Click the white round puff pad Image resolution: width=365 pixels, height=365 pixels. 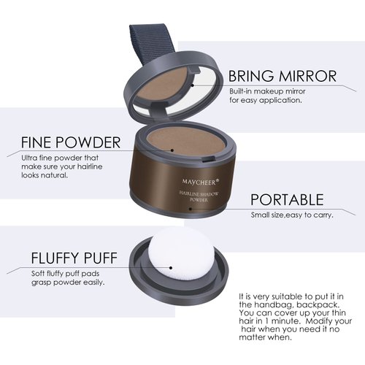170,264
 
